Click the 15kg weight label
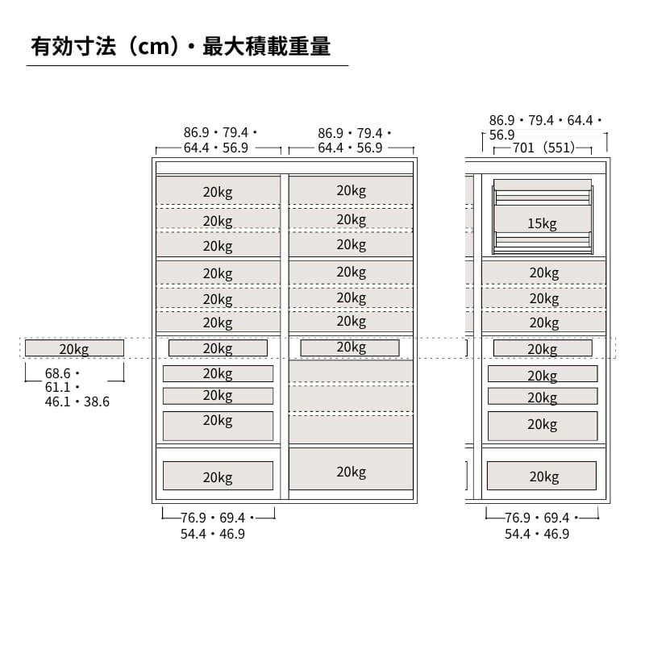pyautogui.click(x=543, y=224)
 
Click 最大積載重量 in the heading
pyautogui.click(x=267, y=47)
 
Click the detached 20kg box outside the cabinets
pyautogui.click(x=74, y=348)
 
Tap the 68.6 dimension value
pyautogui.click(x=59, y=374)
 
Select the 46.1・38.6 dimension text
pyautogui.click(x=77, y=402)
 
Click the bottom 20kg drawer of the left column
pyautogui.click(x=218, y=476)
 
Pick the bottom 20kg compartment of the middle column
pyautogui.click(x=352, y=472)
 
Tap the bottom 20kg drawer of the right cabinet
pyautogui.click(x=543, y=476)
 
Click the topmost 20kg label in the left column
pyautogui.click(x=218, y=193)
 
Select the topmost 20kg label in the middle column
pyautogui.click(x=352, y=191)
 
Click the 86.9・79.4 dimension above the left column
pyautogui.click(x=216, y=133)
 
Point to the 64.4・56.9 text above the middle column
pyautogui.click(x=350, y=148)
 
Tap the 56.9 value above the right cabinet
pyautogui.click(x=501, y=135)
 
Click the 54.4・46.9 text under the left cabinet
pyautogui.click(x=213, y=534)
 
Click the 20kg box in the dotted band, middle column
pyautogui.click(x=351, y=347)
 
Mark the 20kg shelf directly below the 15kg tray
pyautogui.click(x=543, y=273)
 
